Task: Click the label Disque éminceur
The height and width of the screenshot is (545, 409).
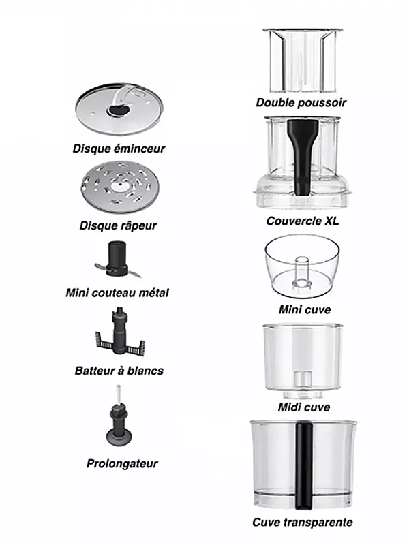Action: (119, 148)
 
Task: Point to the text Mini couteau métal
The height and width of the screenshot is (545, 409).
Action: (118, 293)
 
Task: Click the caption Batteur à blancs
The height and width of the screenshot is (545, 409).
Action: (119, 371)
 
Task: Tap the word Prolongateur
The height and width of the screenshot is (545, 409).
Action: (122, 464)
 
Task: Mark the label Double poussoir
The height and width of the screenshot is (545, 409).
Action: (301, 103)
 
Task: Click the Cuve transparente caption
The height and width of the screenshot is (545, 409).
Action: (302, 523)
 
